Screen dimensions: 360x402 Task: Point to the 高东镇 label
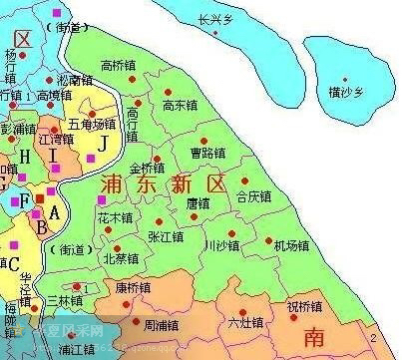(181, 105)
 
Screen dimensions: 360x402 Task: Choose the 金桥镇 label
(148, 168)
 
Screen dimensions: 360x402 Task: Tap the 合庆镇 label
(254, 196)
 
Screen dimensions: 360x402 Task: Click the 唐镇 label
(199, 203)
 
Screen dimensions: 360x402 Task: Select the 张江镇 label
(166, 236)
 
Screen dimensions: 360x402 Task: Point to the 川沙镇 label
(220, 243)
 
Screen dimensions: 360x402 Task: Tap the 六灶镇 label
(245, 322)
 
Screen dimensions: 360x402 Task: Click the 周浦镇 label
(163, 324)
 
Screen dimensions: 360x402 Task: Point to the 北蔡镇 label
(121, 258)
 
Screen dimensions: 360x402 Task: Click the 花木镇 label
(115, 216)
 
